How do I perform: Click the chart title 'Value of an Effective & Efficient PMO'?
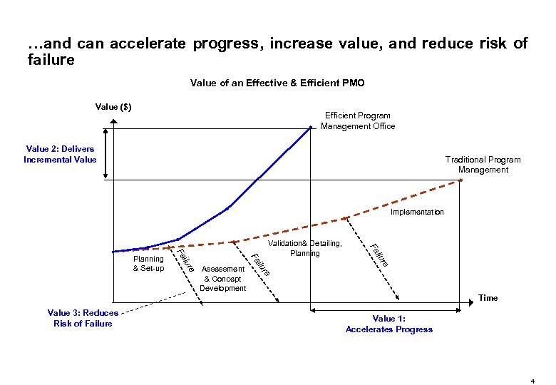(x=277, y=83)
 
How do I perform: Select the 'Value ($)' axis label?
(x=113, y=107)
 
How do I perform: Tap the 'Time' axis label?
(x=488, y=298)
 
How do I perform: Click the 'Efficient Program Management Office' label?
(x=357, y=120)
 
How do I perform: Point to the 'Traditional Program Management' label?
(x=483, y=165)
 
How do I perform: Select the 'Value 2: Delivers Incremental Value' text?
(x=60, y=154)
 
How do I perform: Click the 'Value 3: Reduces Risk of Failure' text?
(x=83, y=318)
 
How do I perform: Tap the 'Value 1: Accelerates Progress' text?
(x=388, y=324)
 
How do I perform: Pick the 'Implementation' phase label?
(x=417, y=212)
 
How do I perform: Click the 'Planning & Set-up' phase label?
(x=148, y=263)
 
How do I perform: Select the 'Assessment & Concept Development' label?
(x=222, y=279)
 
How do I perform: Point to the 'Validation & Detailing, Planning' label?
(x=305, y=248)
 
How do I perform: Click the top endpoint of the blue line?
(x=312, y=128)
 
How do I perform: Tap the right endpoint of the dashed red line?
(x=461, y=180)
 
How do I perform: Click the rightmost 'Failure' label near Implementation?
(x=379, y=255)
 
